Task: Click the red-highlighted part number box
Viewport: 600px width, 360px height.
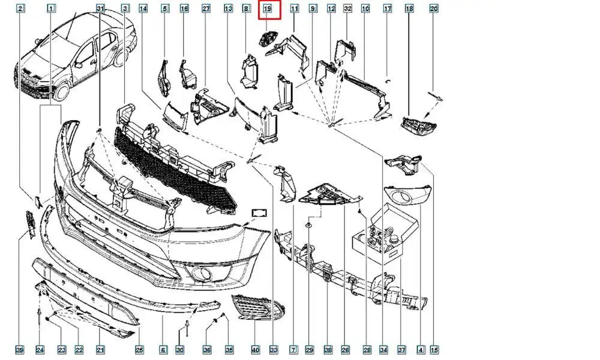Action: coord(267,9)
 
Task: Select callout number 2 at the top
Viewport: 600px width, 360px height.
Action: coord(20,9)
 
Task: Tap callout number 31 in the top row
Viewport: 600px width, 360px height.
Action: coord(100,9)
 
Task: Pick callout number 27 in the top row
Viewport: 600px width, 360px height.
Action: coord(206,9)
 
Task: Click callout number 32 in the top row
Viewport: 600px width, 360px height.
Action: coord(347,9)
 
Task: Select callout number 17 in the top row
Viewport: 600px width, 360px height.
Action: coord(388,9)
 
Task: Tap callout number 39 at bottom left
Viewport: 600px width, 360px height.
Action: coord(20,350)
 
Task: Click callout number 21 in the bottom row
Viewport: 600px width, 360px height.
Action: coord(101,350)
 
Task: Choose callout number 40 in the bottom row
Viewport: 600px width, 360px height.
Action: coord(255,350)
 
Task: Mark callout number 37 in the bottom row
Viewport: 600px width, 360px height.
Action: coord(401,350)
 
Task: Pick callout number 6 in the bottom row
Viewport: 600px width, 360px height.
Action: coord(163,350)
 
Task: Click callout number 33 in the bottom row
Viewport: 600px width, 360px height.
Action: coord(274,350)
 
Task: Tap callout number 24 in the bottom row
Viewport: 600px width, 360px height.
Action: coord(40,350)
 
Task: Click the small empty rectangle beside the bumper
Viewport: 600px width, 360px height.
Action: coord(260,213)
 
